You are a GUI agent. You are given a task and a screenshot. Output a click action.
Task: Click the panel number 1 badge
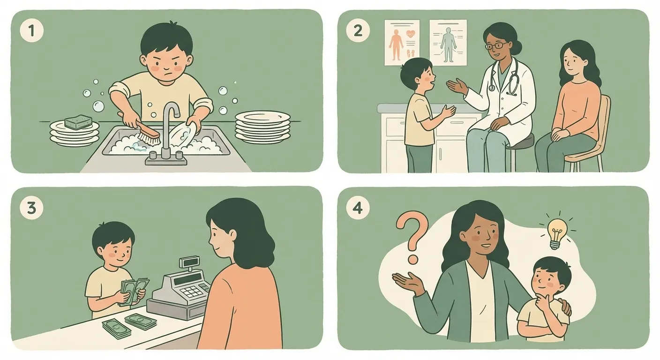tap(31, 30)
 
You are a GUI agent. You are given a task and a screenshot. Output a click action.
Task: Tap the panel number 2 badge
tap(358, 30)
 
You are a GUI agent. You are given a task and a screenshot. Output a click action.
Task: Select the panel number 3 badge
tap(31, 208)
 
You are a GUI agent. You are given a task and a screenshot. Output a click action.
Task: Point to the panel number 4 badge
tap(358, 208)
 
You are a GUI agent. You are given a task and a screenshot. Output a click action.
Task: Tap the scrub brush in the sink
tap(142, 130)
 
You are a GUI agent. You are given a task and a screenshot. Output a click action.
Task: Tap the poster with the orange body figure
tap(402, 43)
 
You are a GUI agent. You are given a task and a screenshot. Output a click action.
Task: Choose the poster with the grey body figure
tap(448, 43)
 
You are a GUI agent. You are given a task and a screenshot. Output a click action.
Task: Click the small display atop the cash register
tap(189, 262)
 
